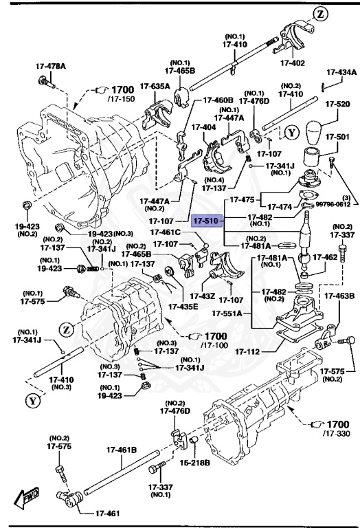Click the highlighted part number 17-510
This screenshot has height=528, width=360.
click(x=205, y=222)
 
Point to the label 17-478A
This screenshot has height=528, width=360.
click(x=51, y=67)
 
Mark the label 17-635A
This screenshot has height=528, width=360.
click(x=155, y=86)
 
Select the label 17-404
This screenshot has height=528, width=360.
click(x=203, y=127)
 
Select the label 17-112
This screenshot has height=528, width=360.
click(x=247, y=353)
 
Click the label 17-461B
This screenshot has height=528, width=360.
click(x=122, y=450)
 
